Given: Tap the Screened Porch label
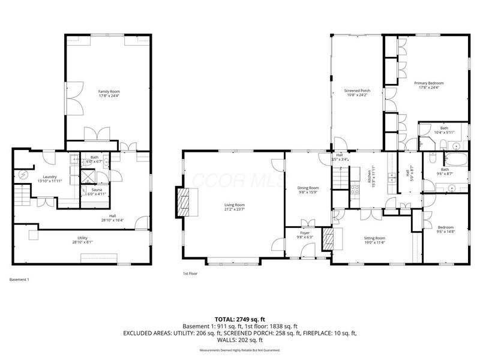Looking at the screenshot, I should pyautogui.click(x=356, y=91).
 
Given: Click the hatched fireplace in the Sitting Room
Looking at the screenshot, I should pyautogui.click(x=328, y=238).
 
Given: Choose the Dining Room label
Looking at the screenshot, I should pyautogui.click(x=308, y=188).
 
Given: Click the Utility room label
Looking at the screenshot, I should pyautogui.click(x=83, y=239).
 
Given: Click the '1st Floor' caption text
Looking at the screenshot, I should pyautogui.click(x=190, y=274).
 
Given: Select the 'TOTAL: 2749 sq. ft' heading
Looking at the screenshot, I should pyautogui.click(x=239, y=319).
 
